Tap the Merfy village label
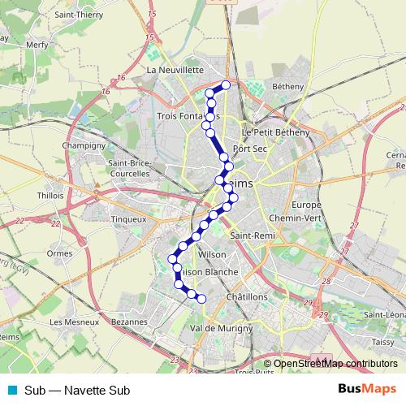pos(37,45)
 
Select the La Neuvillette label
pos(175,71)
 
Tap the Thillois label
pos(50,195)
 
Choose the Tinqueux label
pos(128,218)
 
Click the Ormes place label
pos(60,253)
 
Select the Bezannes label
pos(130,322)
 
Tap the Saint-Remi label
pos(251,236)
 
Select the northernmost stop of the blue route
pos(226,85)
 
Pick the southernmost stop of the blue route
pos(201,300)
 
